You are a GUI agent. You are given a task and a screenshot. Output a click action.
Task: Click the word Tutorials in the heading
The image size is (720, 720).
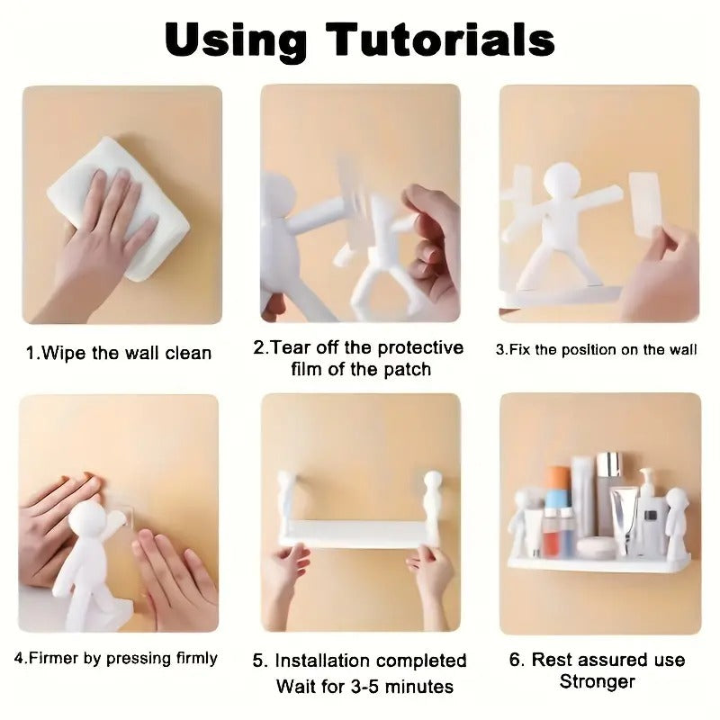[441, 40]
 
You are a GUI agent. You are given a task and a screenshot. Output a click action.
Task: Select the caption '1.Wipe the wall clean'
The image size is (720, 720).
[119, 353]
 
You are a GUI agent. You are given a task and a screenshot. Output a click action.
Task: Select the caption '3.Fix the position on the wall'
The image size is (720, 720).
[596, 349]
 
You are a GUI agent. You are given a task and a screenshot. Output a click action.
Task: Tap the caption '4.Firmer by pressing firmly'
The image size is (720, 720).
[116, 658]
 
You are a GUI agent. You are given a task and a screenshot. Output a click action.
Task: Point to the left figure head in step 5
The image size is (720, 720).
[287, 483]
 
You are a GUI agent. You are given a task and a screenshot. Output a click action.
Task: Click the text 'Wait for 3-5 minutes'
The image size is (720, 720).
[364, 687]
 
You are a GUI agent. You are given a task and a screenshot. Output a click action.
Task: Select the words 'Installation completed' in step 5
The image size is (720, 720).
[370, 661]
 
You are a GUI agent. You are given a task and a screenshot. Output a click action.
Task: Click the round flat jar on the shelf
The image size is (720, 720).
[596, 546]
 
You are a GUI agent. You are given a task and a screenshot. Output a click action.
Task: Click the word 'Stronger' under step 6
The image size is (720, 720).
[598, 681]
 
